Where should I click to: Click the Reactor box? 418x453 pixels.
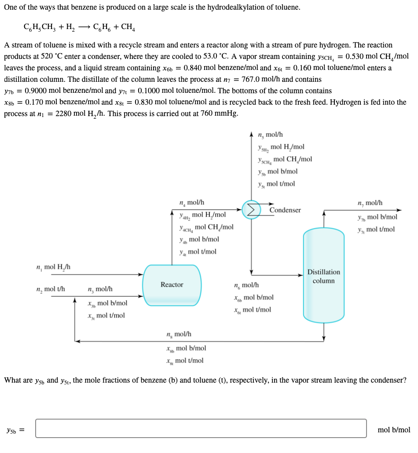click(172, 285)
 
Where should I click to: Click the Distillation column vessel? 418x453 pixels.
click(323, 275)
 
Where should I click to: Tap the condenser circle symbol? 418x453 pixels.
click(251, 210)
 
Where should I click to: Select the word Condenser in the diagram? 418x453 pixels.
click(285, 210)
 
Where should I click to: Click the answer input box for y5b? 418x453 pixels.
click(201, 428)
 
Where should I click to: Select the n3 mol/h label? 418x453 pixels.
click(100, 289)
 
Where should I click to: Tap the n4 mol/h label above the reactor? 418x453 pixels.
click(192, 202)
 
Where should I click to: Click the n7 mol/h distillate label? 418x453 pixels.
click(370, 203)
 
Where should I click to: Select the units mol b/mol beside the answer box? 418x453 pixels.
click(394, 430)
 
